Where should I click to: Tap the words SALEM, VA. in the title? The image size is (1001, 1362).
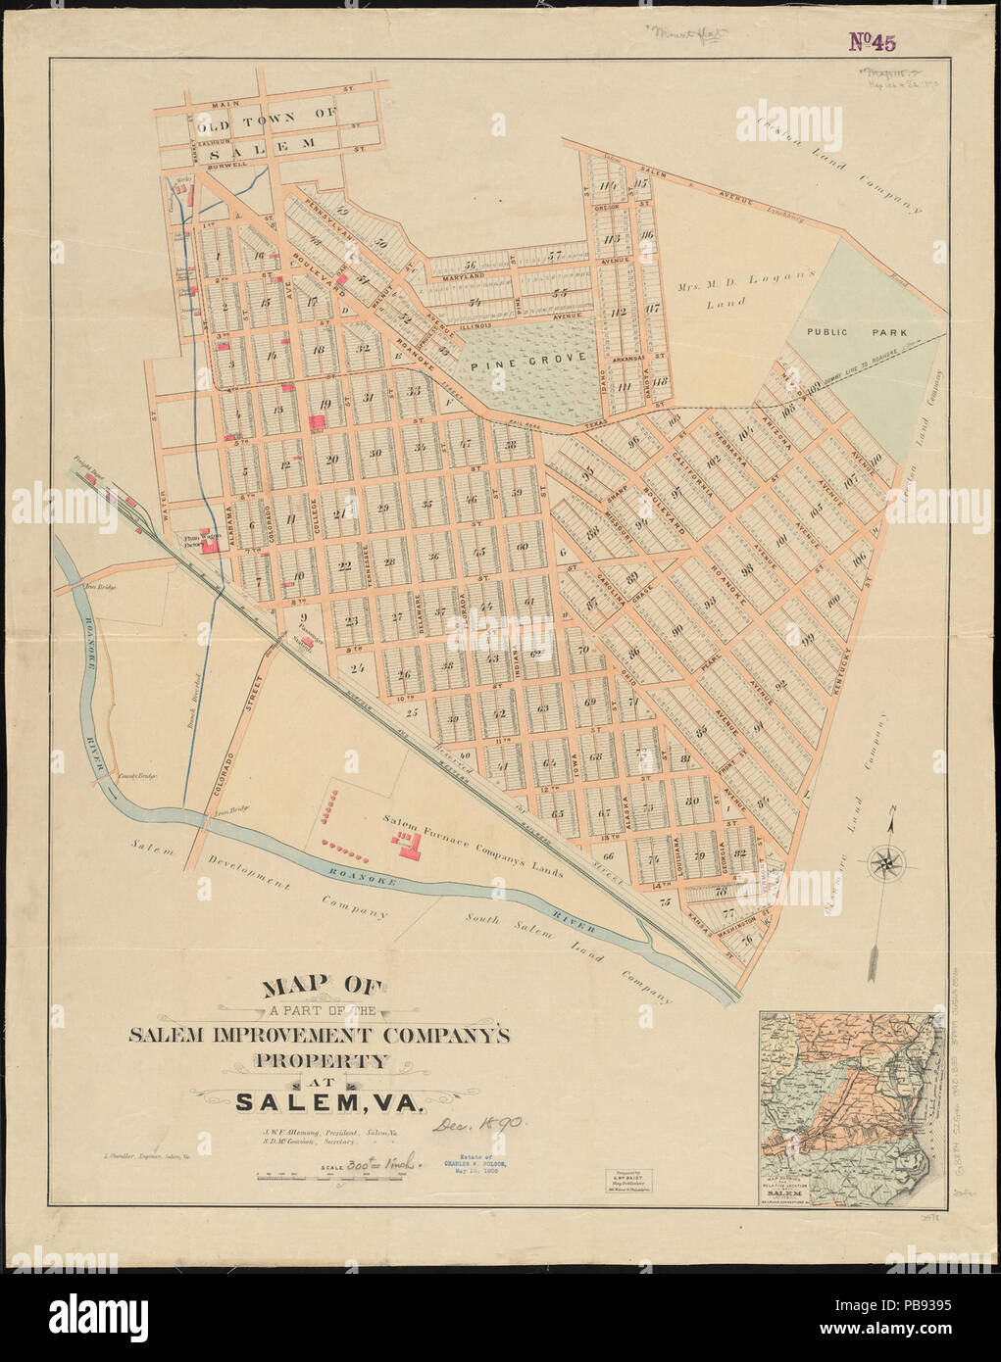point(328,1101)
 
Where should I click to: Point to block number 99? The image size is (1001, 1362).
point(808,639)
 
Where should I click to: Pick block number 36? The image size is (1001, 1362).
point(433,557)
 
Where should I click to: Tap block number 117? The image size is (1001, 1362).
point(647,307)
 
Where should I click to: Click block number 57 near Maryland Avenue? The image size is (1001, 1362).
point(554,257)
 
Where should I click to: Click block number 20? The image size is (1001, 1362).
point(332,462)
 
